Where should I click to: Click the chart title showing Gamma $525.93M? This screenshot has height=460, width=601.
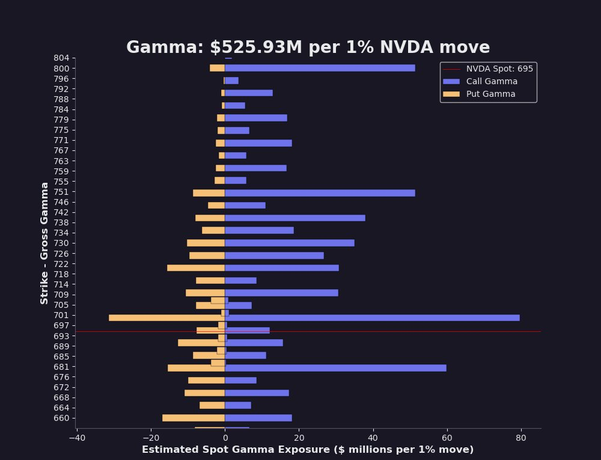(308, 48)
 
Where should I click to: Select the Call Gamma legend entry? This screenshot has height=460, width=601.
(492, 82)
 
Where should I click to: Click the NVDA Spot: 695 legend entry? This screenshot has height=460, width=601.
(499, 69)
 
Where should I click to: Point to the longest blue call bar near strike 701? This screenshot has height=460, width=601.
(373, 317)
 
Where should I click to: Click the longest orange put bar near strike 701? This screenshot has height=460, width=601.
(166, 317)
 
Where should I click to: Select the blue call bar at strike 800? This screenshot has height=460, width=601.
(320, 68)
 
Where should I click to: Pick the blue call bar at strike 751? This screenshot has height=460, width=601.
(320, 193)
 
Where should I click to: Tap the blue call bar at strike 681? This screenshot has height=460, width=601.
(335, 368)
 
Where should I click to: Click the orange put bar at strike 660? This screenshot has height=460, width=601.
(194, 418)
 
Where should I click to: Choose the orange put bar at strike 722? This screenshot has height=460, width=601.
(196, 268)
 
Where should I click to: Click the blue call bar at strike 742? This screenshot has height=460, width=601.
(295, 218)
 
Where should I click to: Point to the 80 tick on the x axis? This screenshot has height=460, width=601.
(521, 438)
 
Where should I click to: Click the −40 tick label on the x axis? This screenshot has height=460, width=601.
(77, 438)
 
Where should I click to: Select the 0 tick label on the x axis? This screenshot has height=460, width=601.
(225, 438)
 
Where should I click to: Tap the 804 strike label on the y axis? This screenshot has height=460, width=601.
(61, 58)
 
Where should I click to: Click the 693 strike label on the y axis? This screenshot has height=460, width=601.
(61, 336)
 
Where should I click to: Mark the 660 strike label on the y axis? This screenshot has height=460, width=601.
(61, 418)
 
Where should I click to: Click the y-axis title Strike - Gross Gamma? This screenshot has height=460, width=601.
(45, 243)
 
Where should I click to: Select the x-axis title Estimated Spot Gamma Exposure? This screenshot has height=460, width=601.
(308, 450)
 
